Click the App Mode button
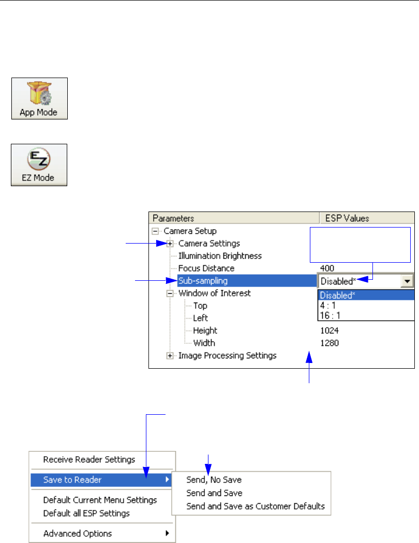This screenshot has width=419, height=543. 40,99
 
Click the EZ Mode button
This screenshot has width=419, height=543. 40,165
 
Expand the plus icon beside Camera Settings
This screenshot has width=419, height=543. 169,243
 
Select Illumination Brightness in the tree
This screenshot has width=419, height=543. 220,255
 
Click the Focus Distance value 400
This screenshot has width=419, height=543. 327,268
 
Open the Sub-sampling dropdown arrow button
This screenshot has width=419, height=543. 408,281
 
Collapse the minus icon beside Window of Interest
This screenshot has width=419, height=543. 169,293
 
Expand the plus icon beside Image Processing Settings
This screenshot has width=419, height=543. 169,355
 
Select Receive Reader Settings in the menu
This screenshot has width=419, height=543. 89,459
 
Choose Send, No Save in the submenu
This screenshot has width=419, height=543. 214,480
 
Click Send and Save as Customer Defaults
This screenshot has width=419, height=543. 256,506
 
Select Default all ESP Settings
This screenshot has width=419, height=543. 86,514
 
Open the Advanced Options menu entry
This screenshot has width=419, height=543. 78,533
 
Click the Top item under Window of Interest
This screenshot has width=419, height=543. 200,306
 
